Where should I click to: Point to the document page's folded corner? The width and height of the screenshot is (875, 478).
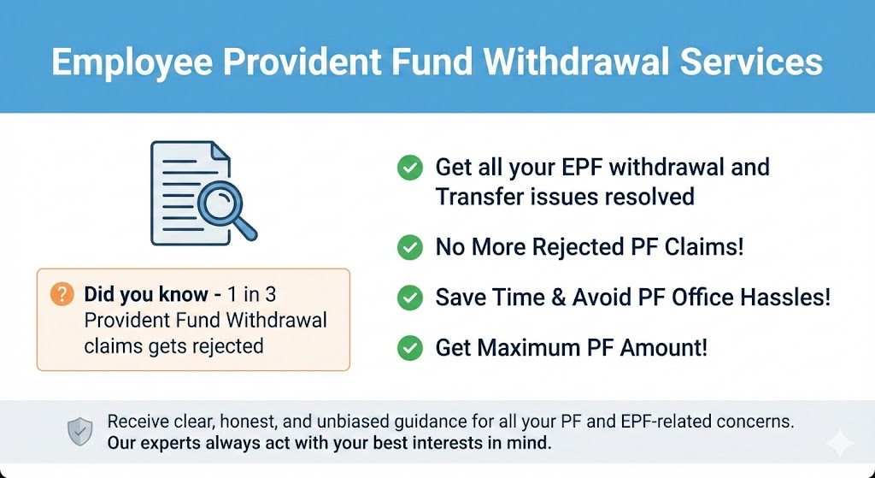[220, 151]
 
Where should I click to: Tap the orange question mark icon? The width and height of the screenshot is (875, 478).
[62, 295]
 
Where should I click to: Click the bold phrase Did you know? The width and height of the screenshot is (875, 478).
[146, 295]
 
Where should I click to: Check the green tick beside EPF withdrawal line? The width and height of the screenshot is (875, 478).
[409, 168]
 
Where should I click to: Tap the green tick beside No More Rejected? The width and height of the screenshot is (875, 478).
[409, 248]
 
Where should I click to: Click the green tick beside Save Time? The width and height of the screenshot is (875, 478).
[409, 298]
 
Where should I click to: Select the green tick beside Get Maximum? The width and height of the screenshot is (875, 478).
[409, 348]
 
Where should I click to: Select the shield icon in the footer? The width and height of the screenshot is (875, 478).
[80, 433]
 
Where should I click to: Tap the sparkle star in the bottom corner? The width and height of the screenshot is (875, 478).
[840, 443]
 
